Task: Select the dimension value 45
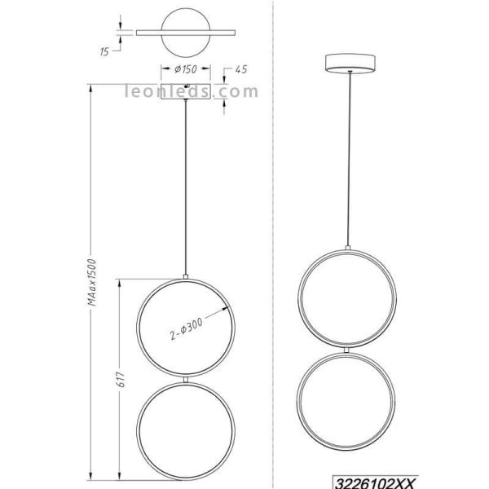pyautogui.click(x=240, y=70)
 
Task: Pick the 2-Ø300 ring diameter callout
pyautogui.click(x=190, y=329)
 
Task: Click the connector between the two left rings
pyautogui.click(x=187, y=378)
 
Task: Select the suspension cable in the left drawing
pyautogui.click(x=187, y=187)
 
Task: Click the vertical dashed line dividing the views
pyautogui.click(x=271, y=244)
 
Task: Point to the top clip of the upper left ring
pyautogui.click(x=187, y=275)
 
